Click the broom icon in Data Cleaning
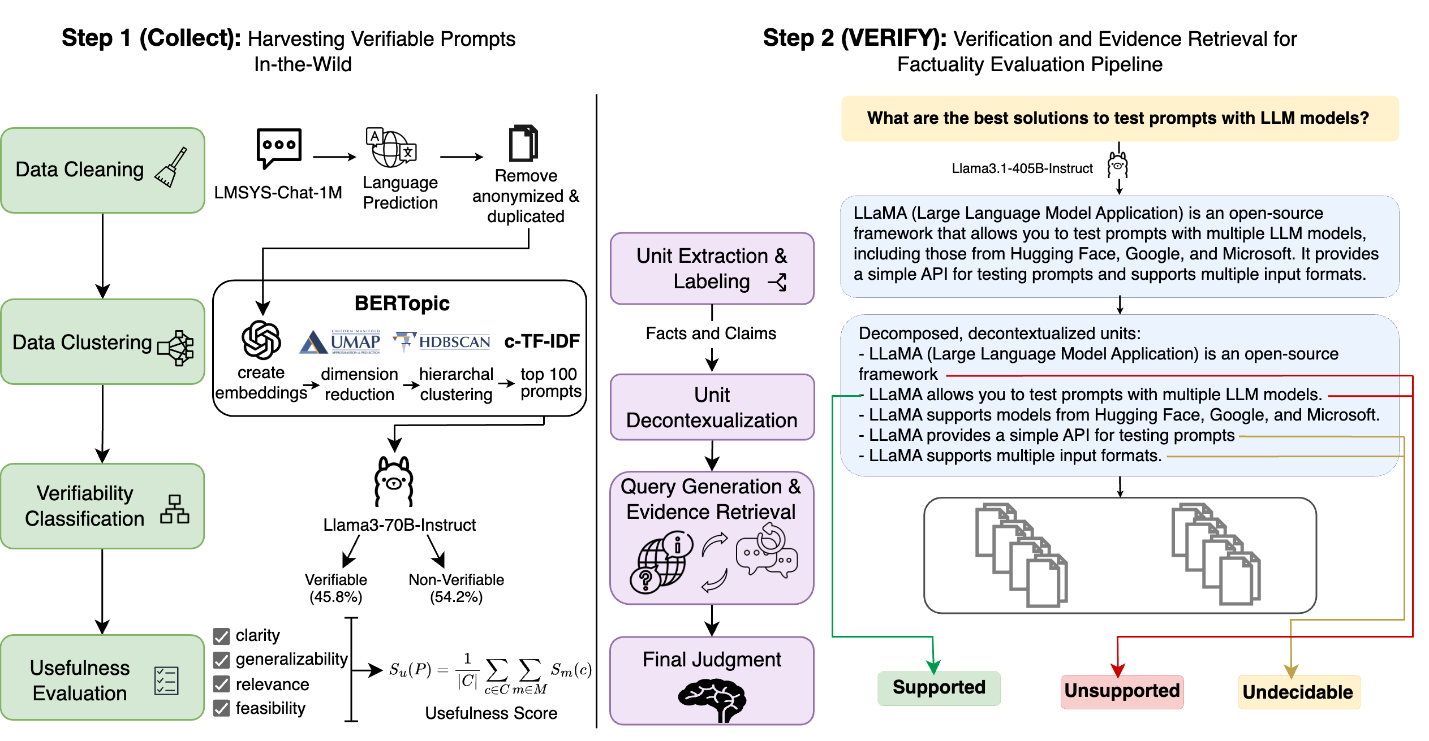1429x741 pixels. (x=171, y=168)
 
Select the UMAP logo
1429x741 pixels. (x=340, y=342)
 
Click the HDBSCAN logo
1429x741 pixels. (x=442, y=341)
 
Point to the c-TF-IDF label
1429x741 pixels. (x=542, y=341)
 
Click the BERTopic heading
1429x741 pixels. (x=402, y=304)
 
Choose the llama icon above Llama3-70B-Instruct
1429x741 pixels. (x=394, y=482)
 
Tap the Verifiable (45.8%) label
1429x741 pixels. (x=336, y=588)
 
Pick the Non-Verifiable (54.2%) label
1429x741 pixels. (x=456, y=588)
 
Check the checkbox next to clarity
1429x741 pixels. (x=222, y=636)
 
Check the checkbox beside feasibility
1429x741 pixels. (x=222, y=708)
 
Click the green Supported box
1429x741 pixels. (x=939, y=688)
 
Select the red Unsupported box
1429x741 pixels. (x=1122, y=691)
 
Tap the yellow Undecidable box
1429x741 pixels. (x=1298, y=692)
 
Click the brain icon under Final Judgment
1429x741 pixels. (x=712, y=700)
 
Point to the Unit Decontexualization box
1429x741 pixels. (x=712, y=408)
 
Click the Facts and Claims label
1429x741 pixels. (x=711, y=333)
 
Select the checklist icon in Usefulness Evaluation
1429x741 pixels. (x=166, y=681)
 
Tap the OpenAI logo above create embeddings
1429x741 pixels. (x=261, y=340)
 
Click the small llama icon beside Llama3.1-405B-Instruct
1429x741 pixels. (x=1118, y=165)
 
